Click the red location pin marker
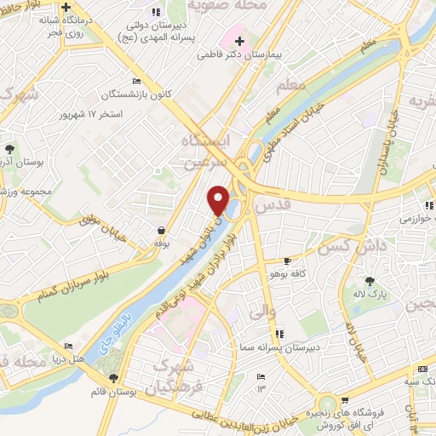tap(219, 200)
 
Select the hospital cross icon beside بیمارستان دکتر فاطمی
tap(239, 40)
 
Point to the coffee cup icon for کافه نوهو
tap(287, 260)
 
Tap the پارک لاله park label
tap(369, 295)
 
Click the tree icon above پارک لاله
tap(369, 280)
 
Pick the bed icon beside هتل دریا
tap(68, 347)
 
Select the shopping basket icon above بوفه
tap(161, 230)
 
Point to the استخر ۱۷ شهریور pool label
tap(117, 112)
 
